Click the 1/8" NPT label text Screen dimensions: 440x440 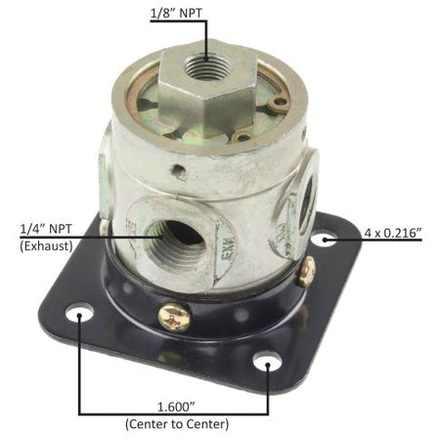[176, 14]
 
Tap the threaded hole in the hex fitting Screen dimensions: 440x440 [206, 66]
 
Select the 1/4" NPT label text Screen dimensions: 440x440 [46, 229]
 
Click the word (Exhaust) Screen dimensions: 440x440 [46, 245]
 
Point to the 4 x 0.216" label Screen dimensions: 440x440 [393, 233]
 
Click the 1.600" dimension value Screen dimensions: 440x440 [176, 407]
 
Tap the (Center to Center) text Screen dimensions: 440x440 [177, 424]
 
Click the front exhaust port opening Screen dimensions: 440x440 [177, 238]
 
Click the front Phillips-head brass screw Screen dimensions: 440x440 [174, 317]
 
